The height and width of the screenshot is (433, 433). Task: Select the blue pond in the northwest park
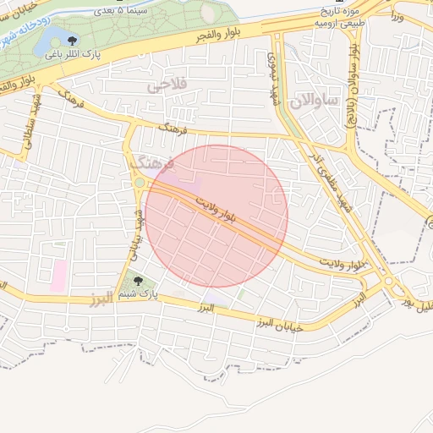[51, 36]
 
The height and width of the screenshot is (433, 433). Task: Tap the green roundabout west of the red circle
[139, 183]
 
